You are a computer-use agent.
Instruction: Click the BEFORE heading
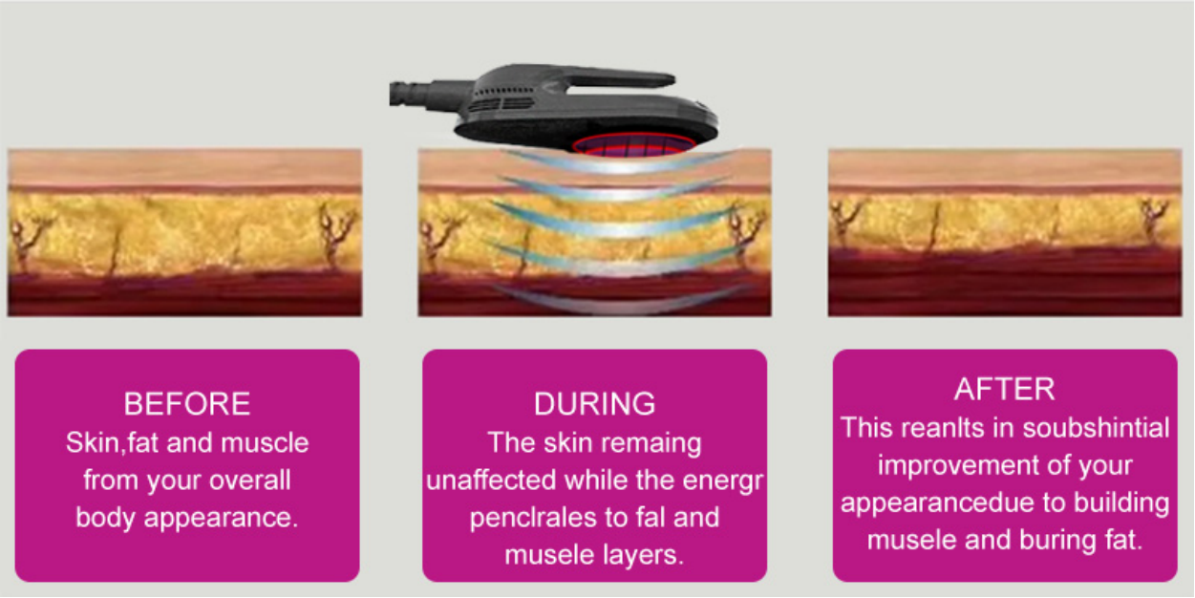click(x=187, y=403)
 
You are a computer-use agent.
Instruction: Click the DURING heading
click(x=594, y=403)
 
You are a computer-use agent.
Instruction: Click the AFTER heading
click(x=1004, y=389)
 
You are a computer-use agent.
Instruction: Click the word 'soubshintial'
click(x=1096, y=427)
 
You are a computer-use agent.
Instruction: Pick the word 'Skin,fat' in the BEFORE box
click(x=106, y=443)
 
